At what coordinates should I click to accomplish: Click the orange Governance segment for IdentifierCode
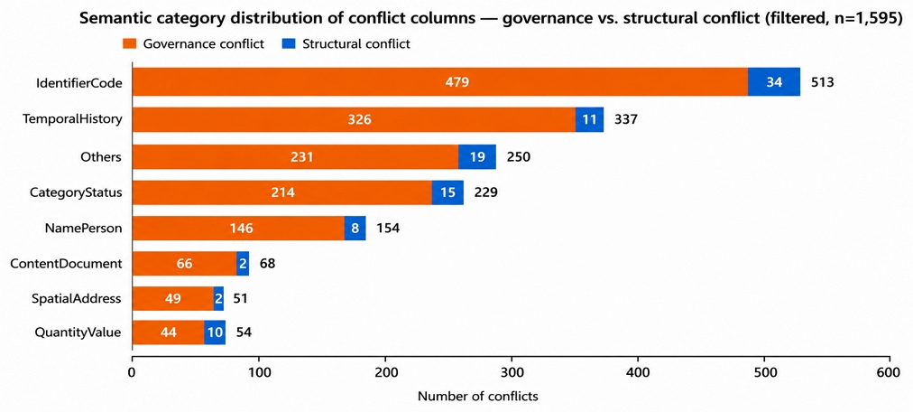point(440,82)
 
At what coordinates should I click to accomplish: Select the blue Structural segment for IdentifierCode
point(774,82)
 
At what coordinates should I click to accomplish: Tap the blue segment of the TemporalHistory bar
point(590,120)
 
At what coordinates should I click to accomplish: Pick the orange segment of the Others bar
point(296,156)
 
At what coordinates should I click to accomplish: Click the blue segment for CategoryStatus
point(447,192)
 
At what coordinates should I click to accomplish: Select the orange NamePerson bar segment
point(239,228)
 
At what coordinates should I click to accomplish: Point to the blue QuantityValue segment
point(215,332)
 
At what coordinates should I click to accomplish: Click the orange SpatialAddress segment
point(173,299)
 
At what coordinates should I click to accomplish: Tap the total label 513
point(824,82)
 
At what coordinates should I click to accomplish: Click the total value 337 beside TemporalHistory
point(626,120)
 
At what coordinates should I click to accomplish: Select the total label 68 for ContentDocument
point(267,264)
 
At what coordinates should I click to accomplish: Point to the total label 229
point(486,192)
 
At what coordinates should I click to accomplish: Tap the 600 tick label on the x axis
point(890,371)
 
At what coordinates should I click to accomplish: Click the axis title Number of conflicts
point(477,397)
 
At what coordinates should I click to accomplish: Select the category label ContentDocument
point(67,264)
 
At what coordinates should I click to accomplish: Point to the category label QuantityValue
point(78,333)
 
